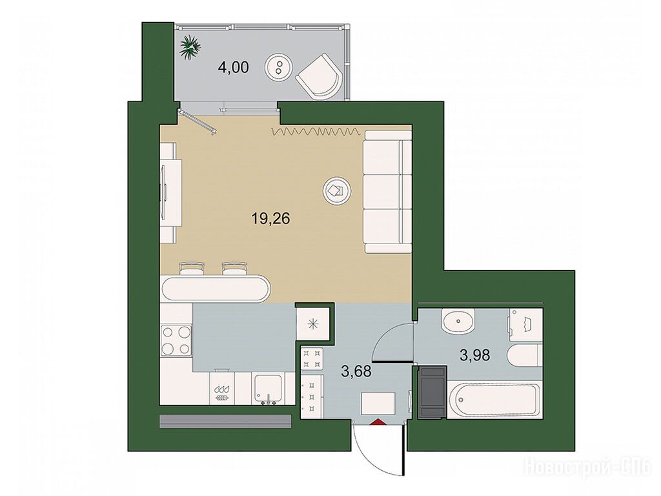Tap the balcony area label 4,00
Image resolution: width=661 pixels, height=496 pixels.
[234, 67]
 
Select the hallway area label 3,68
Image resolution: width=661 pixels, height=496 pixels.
[356, 372]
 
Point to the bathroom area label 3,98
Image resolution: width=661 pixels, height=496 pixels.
[475, 356]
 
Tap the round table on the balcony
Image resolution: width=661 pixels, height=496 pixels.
[278, 67]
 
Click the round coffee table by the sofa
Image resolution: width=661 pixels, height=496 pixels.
[336, 191]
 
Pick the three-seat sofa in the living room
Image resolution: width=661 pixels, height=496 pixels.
[387, 191]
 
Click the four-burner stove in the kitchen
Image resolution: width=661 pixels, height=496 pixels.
[176, 340]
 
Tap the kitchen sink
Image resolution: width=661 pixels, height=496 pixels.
[268, 389]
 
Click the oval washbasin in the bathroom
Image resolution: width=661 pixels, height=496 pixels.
[458, 322]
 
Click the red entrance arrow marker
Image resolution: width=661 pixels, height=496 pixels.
[377, 422]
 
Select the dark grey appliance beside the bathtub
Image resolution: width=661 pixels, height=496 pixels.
[432, 392]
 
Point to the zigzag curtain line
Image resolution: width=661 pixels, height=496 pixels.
[316, 132]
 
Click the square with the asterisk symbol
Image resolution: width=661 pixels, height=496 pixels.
[312, 324]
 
